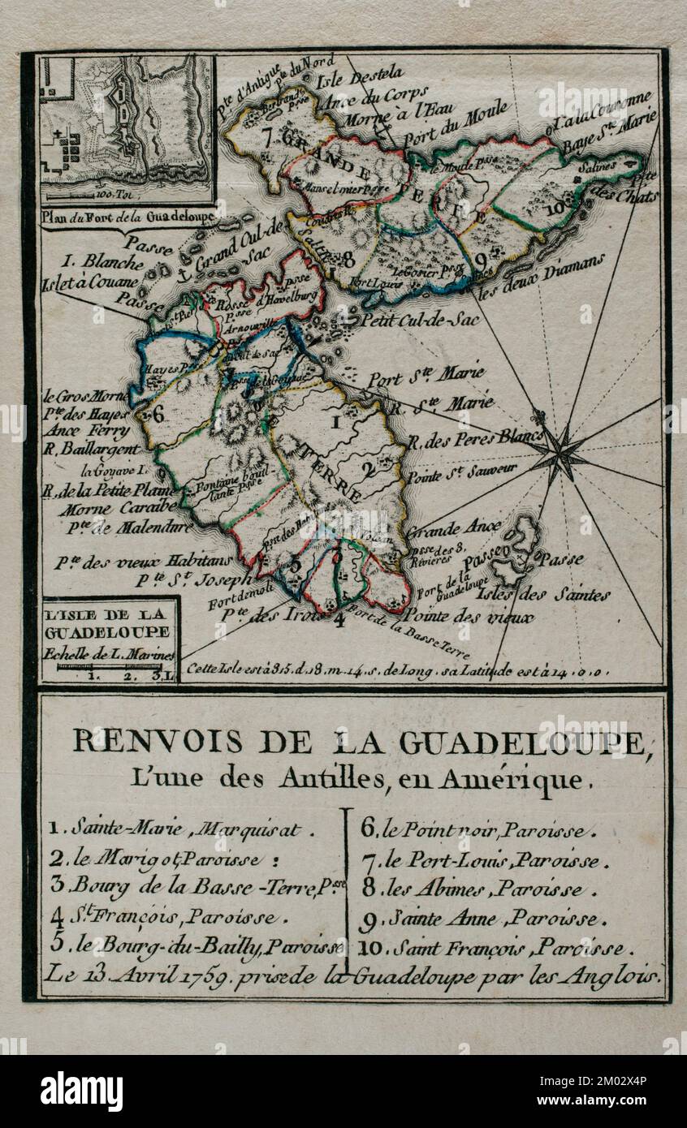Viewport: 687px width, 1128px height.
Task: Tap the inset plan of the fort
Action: pos(127,128)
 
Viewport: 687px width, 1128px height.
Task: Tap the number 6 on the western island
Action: pos(158,413)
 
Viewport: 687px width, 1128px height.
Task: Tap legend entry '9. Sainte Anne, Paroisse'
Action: pos(482,919)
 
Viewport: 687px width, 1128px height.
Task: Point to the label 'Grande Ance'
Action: pos(454,527)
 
